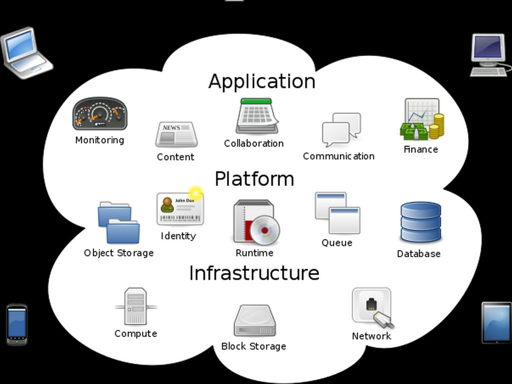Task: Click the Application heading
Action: click(261, 81)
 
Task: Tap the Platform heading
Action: click(254, 178)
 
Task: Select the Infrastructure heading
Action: click(254, 273)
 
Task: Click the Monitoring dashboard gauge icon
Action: click(99, 114)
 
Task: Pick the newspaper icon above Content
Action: click(176, 134)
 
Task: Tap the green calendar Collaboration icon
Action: click(256, 116)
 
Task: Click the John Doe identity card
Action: click(180, 208)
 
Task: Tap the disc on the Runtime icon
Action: click(264, 230)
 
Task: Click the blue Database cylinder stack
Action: click(420, 222)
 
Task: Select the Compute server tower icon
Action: click(135, 306)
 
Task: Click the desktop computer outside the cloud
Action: click(488, 54)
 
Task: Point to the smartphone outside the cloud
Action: click(16, 324)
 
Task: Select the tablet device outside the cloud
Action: click(496, 322)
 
